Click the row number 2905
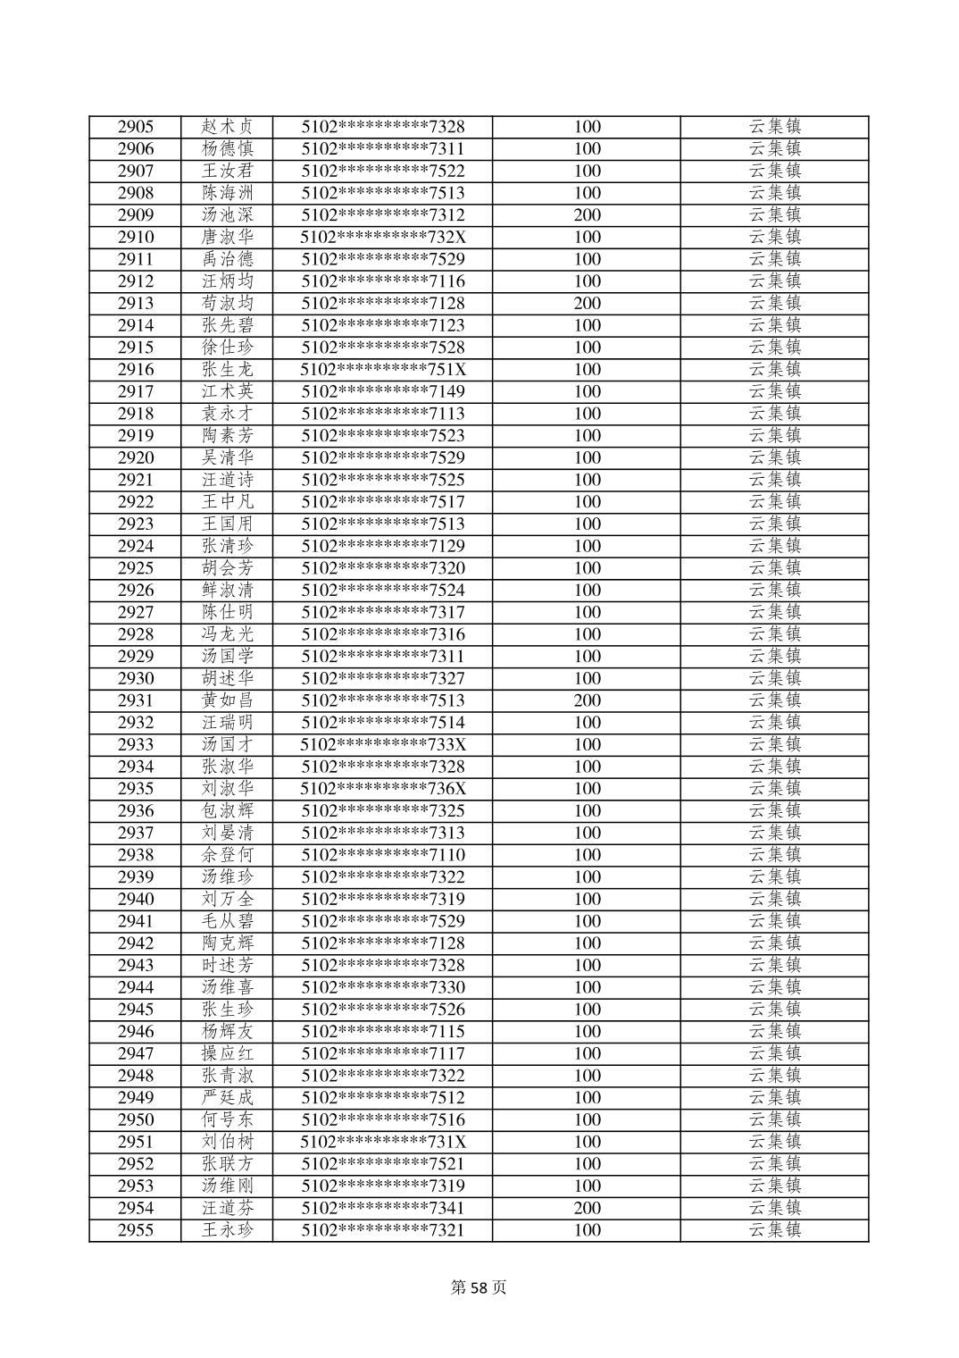coord(136,127)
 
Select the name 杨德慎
coord(228,149)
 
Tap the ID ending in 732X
coord(383,238)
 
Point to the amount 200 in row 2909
coord(587,215)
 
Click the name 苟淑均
coord(228,304)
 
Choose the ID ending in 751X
coord(383,370)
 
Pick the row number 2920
coord(136,458)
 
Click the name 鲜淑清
coord(228,591)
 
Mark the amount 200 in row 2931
coord(587,700)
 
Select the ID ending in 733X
coord(383,745)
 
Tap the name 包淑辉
coord(228,811)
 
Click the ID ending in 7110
coord(383,855)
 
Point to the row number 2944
coord(136,987)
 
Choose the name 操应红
coord(228,1053)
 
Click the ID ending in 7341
coord(383,1208)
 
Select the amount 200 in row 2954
coord(587,1208)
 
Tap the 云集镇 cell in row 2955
coord(774,1230)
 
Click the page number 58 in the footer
coord(480,1287)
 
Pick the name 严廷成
coord(228,1098)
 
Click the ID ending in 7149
coord(383,392)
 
